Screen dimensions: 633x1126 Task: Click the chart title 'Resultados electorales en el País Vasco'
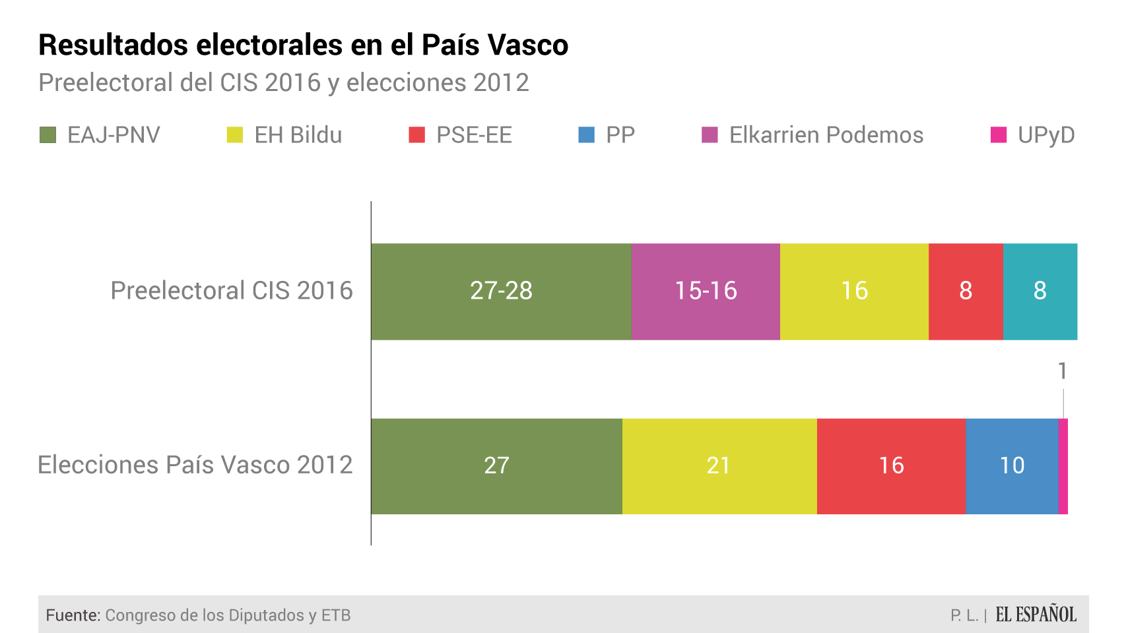click(303, 45)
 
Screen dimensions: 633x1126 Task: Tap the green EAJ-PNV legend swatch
click(48, 135)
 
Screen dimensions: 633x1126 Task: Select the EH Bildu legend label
click(298, 135)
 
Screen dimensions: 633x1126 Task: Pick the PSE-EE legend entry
click(473, 135)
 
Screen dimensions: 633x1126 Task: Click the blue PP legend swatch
click(586, 135)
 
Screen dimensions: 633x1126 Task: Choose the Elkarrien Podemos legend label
click(826, 135)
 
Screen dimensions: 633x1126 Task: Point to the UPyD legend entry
click(1045, 135)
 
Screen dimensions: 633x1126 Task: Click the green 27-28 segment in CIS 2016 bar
click(501, 291)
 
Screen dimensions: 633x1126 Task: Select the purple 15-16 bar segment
click(706, 291)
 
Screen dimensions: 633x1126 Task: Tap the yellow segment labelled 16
click(854, 291)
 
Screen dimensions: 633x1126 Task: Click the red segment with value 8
click(966, 291)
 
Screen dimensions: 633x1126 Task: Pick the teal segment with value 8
click(1040, 291)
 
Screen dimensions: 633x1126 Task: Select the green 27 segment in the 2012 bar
click(496, 466)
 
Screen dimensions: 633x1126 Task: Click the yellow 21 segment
click(719, 466)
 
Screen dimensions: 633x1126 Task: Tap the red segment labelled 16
click(891, 466)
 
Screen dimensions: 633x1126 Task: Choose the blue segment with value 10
click(1012, 466)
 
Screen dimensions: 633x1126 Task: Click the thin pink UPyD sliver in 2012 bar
click(1063, 466)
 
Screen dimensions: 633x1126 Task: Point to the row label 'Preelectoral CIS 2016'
click(232, 291)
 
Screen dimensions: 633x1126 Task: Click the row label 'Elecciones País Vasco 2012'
click(195, 465)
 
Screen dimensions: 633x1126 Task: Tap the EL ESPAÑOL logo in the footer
click(1036, 615)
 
